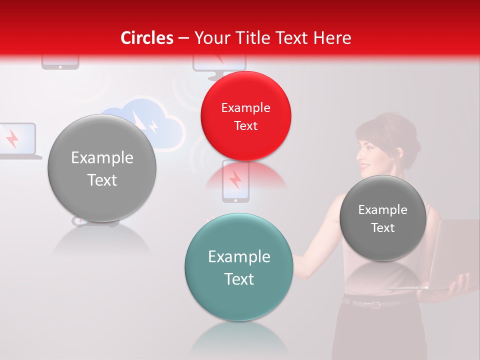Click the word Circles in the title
[147, 38]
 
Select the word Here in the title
[333, 38]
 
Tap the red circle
[245, 116]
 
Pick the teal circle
[239, 267]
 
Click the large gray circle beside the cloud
[102, 168]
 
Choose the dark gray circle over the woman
[383, 218]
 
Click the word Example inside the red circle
[245, 107]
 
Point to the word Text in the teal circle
[239, 279]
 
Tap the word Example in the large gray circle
[102, 158]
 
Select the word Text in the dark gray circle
[383, 228]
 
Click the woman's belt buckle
[373, 303]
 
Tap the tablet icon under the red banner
[60, 63]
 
